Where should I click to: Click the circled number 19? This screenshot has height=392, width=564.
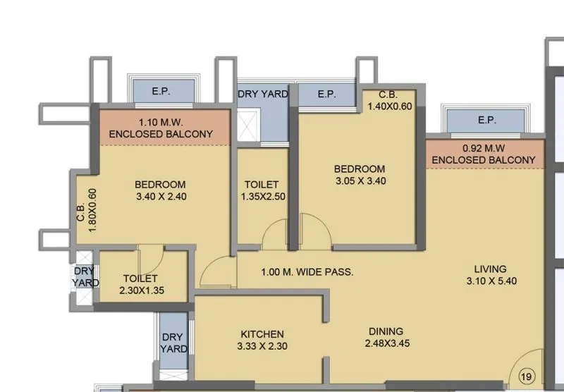[527, 376]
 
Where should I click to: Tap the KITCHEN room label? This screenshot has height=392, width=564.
[262, 333]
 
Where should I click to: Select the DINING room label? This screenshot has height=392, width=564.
[385, 331]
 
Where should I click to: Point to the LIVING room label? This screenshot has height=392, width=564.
[490, 269]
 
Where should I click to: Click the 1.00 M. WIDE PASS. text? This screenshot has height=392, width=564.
[307, 272]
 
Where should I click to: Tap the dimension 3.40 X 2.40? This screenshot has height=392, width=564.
[160, 197]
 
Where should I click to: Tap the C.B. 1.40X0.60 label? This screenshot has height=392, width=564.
[389, 100]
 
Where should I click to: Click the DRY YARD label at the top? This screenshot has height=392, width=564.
[262, 94]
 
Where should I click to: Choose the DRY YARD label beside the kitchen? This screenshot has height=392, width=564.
[173, 343]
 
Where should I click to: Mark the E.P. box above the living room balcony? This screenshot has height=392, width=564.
[486, 121]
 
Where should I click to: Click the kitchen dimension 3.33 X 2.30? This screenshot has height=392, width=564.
[262, 346]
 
